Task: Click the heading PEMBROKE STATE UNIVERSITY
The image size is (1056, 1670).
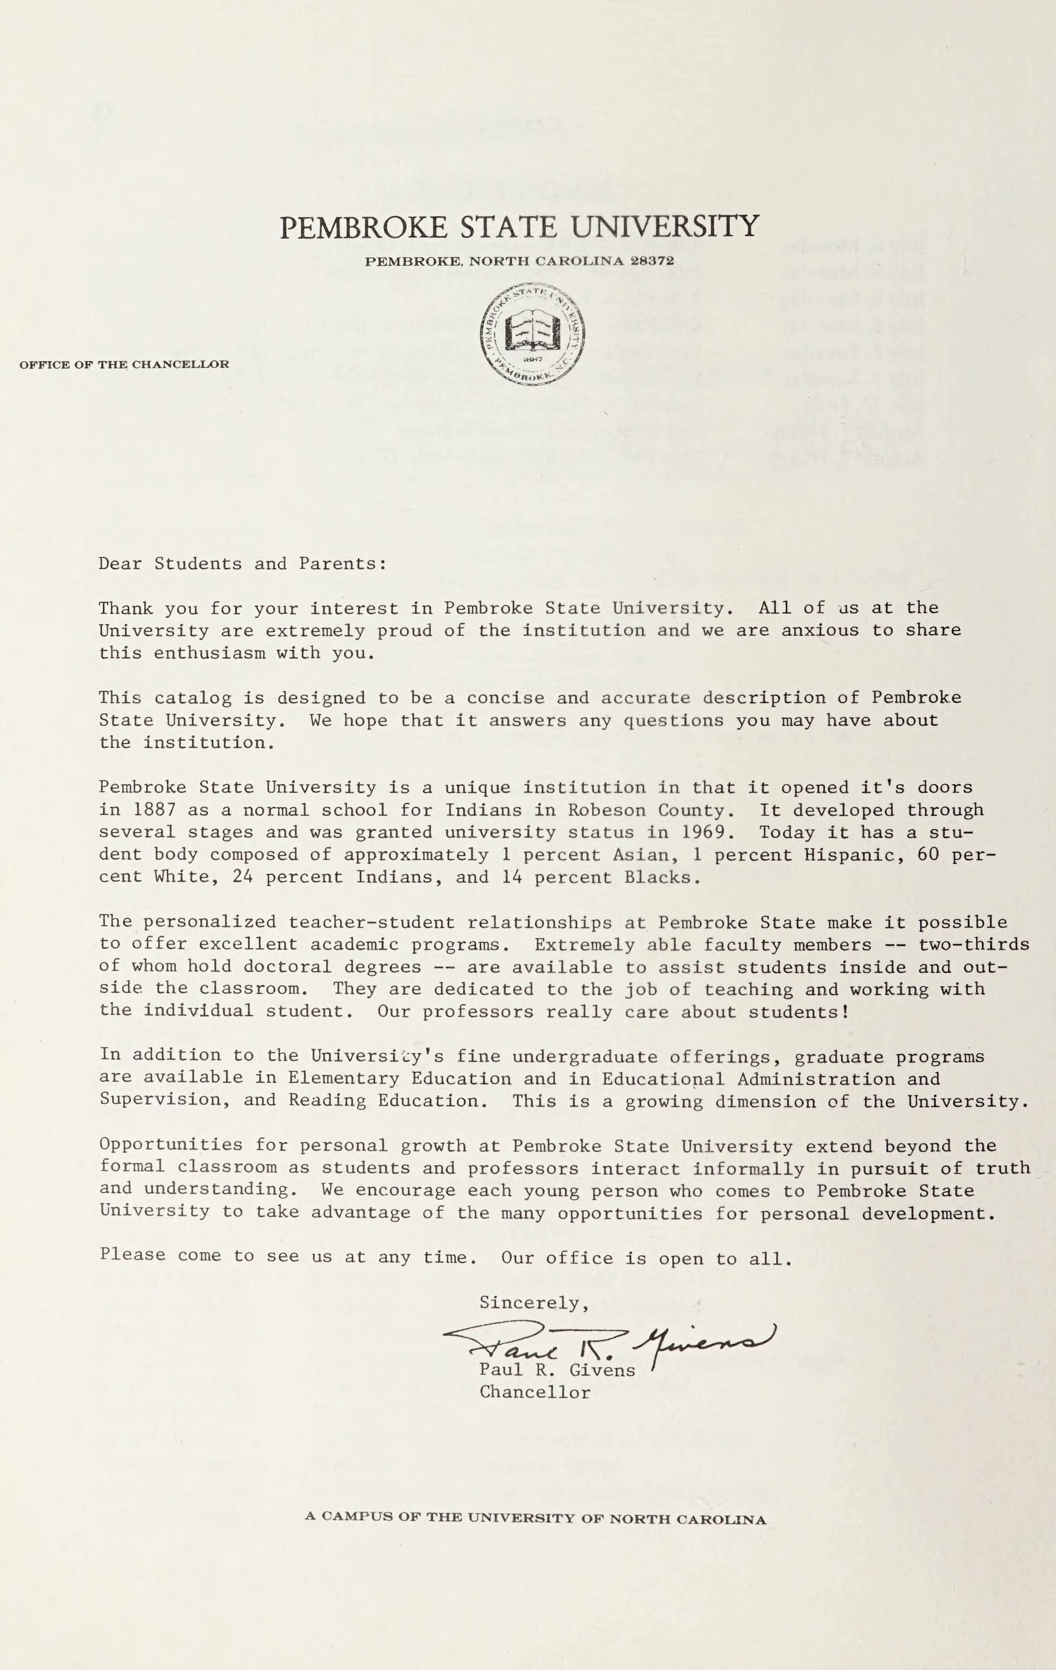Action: [x=519, y=227]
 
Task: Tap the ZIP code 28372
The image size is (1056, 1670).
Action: [x=652, y=261]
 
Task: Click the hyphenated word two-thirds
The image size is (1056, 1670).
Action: [x=973, y=945]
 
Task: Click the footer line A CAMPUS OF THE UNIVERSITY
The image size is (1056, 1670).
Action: [x=535, y=1519]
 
